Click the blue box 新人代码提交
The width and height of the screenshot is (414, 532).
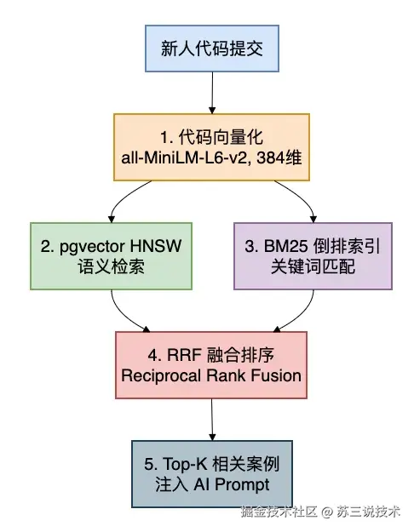[212, 49]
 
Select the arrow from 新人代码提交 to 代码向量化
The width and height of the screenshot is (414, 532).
[212, 93]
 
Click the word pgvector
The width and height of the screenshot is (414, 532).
[91, 247]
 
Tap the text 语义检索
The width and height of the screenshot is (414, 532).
[111, 266]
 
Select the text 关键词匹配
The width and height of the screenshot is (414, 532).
[313, 266]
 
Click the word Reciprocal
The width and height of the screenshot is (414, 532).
[161, 376]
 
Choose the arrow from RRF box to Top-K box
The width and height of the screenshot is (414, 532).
[212, 420]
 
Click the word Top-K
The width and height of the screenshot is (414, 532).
[185, 464]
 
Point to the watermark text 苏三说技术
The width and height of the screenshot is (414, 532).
[368, 512]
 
